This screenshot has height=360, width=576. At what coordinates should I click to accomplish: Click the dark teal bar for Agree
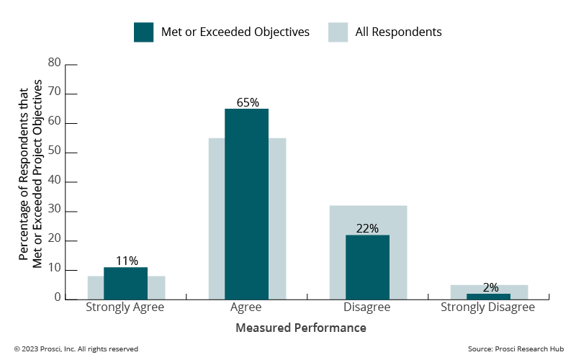point(246,204)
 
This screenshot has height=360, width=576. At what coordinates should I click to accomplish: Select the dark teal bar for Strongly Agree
point(125,283)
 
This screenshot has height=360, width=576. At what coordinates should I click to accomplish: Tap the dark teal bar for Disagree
point(367,266)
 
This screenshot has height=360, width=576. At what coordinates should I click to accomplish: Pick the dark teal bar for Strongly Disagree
point(489,296)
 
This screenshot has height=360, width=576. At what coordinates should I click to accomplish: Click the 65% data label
point(247,102)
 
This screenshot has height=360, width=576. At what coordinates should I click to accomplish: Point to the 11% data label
point(126,261)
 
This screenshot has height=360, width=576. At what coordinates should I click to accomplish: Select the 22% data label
point(367,228)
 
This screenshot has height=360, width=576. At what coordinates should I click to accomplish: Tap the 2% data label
point(490,287)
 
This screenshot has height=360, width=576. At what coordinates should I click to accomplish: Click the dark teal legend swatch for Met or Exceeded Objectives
point(143,32)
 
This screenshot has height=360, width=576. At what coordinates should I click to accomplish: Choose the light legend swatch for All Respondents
point(338,32)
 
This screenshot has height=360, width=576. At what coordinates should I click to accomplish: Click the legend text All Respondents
point(398,32)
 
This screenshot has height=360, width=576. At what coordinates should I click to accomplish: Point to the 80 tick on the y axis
point(54,63)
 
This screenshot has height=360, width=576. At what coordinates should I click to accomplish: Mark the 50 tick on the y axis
point(54,152)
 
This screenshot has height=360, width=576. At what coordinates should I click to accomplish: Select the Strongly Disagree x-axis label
point(488,307)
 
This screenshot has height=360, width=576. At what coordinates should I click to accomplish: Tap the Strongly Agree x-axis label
point(125,307)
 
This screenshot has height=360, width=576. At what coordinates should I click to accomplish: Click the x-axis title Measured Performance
point(301,328)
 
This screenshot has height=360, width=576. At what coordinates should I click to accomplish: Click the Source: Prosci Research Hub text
point(514,349)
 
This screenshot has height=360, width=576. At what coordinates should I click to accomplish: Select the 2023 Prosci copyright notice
point(76,349)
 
